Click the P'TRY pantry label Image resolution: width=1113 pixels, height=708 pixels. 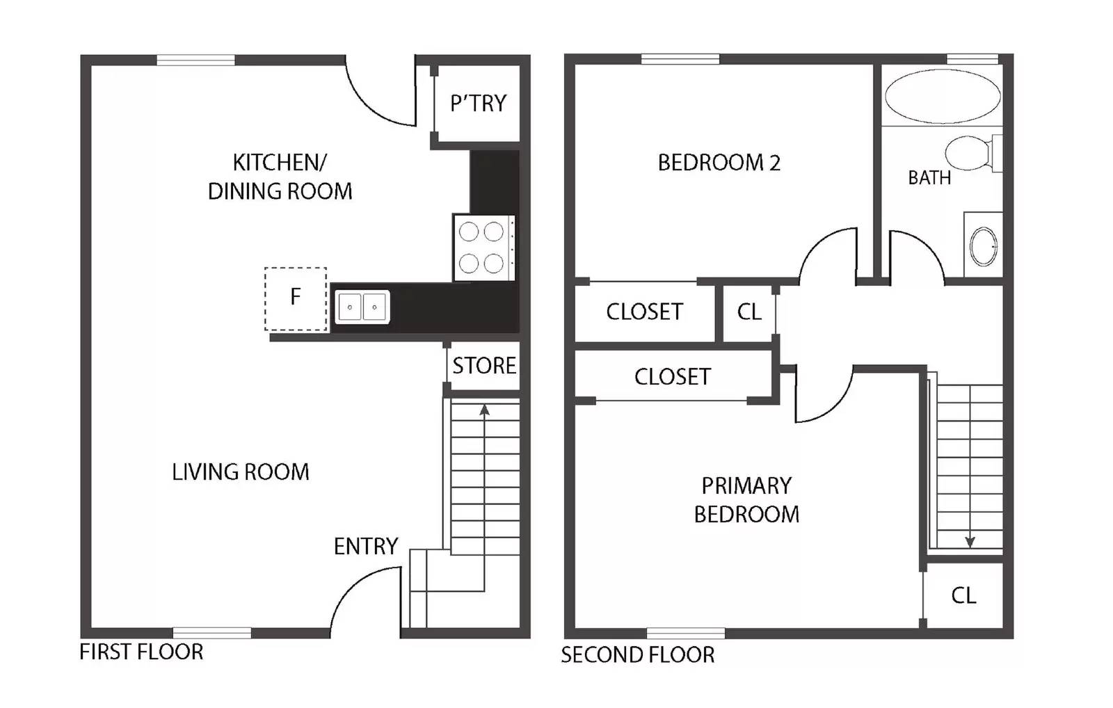[478, 104]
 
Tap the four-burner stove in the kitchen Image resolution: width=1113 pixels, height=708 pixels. [482, 248]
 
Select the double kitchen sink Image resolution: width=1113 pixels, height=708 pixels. [362, 307]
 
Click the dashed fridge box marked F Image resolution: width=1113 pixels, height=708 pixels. [296, 298]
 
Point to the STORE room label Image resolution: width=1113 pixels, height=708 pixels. [484, 366]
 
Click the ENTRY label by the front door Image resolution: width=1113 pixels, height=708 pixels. [365, 547]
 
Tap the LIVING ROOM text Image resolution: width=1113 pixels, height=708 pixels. [240, 472]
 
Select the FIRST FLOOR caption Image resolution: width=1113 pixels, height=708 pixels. [141, 652]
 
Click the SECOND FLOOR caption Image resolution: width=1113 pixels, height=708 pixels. [637, 655]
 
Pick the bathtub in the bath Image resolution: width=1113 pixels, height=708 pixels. [943, 97]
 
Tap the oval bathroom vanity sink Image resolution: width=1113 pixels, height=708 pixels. [983, 246]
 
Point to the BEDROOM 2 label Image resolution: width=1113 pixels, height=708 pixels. [719, 163]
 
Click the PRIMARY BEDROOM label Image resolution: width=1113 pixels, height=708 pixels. [746, 499]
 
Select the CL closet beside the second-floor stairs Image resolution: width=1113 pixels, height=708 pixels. [963, 595]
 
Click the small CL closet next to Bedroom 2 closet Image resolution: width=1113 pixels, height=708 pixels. [749, 312]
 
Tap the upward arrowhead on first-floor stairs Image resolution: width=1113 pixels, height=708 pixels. [484, 410]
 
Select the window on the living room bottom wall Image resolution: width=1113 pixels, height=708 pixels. [211, 632]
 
